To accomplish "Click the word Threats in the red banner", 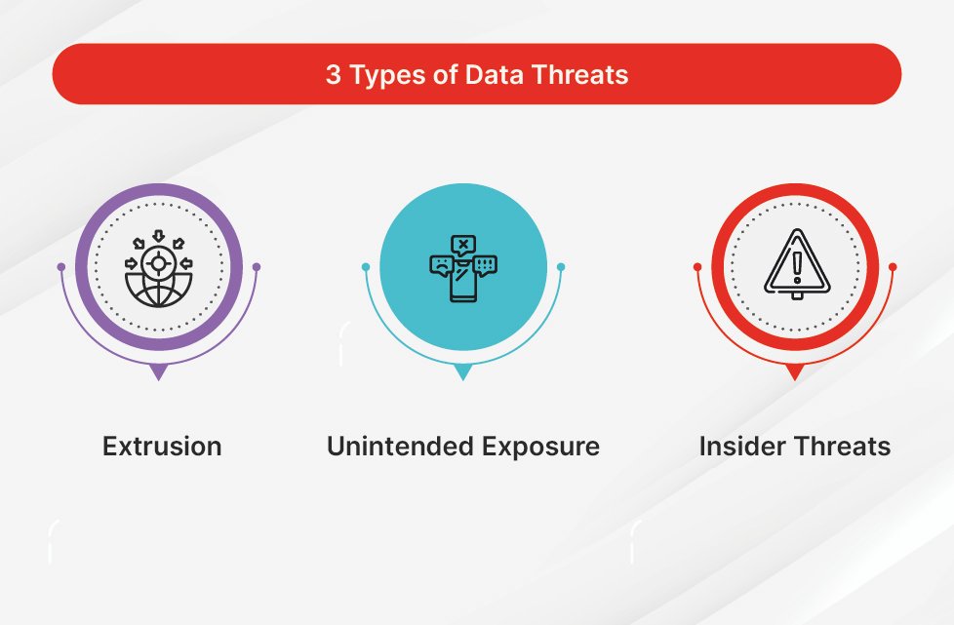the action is coord(579,74).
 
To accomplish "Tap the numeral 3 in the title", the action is coord(333,74).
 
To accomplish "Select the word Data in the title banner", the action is coord(495,74).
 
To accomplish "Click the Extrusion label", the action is coord(162,446).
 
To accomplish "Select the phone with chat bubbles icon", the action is coord(463,268).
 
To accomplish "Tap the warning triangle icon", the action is coord(796,264).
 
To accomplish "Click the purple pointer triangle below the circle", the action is coord(159,372).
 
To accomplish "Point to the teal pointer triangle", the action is coord(463,372).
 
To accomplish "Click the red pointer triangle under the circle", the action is coord(795,372).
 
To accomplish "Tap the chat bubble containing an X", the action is coord(463,245).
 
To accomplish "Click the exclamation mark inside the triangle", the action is coord(797,267).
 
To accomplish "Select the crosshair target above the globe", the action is coord(158,263).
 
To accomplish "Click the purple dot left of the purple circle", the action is coord(60,267).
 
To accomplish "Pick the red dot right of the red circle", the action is coord(893,267).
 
